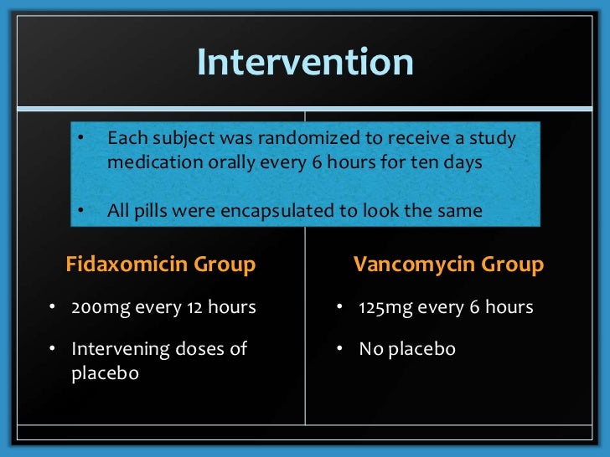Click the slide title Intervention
pos(305,63)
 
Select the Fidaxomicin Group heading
pos(160,265)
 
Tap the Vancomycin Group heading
pos(448,265)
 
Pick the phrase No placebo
pos(406,348)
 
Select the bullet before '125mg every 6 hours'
pos(340,307)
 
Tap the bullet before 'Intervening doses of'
pos(52,348)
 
